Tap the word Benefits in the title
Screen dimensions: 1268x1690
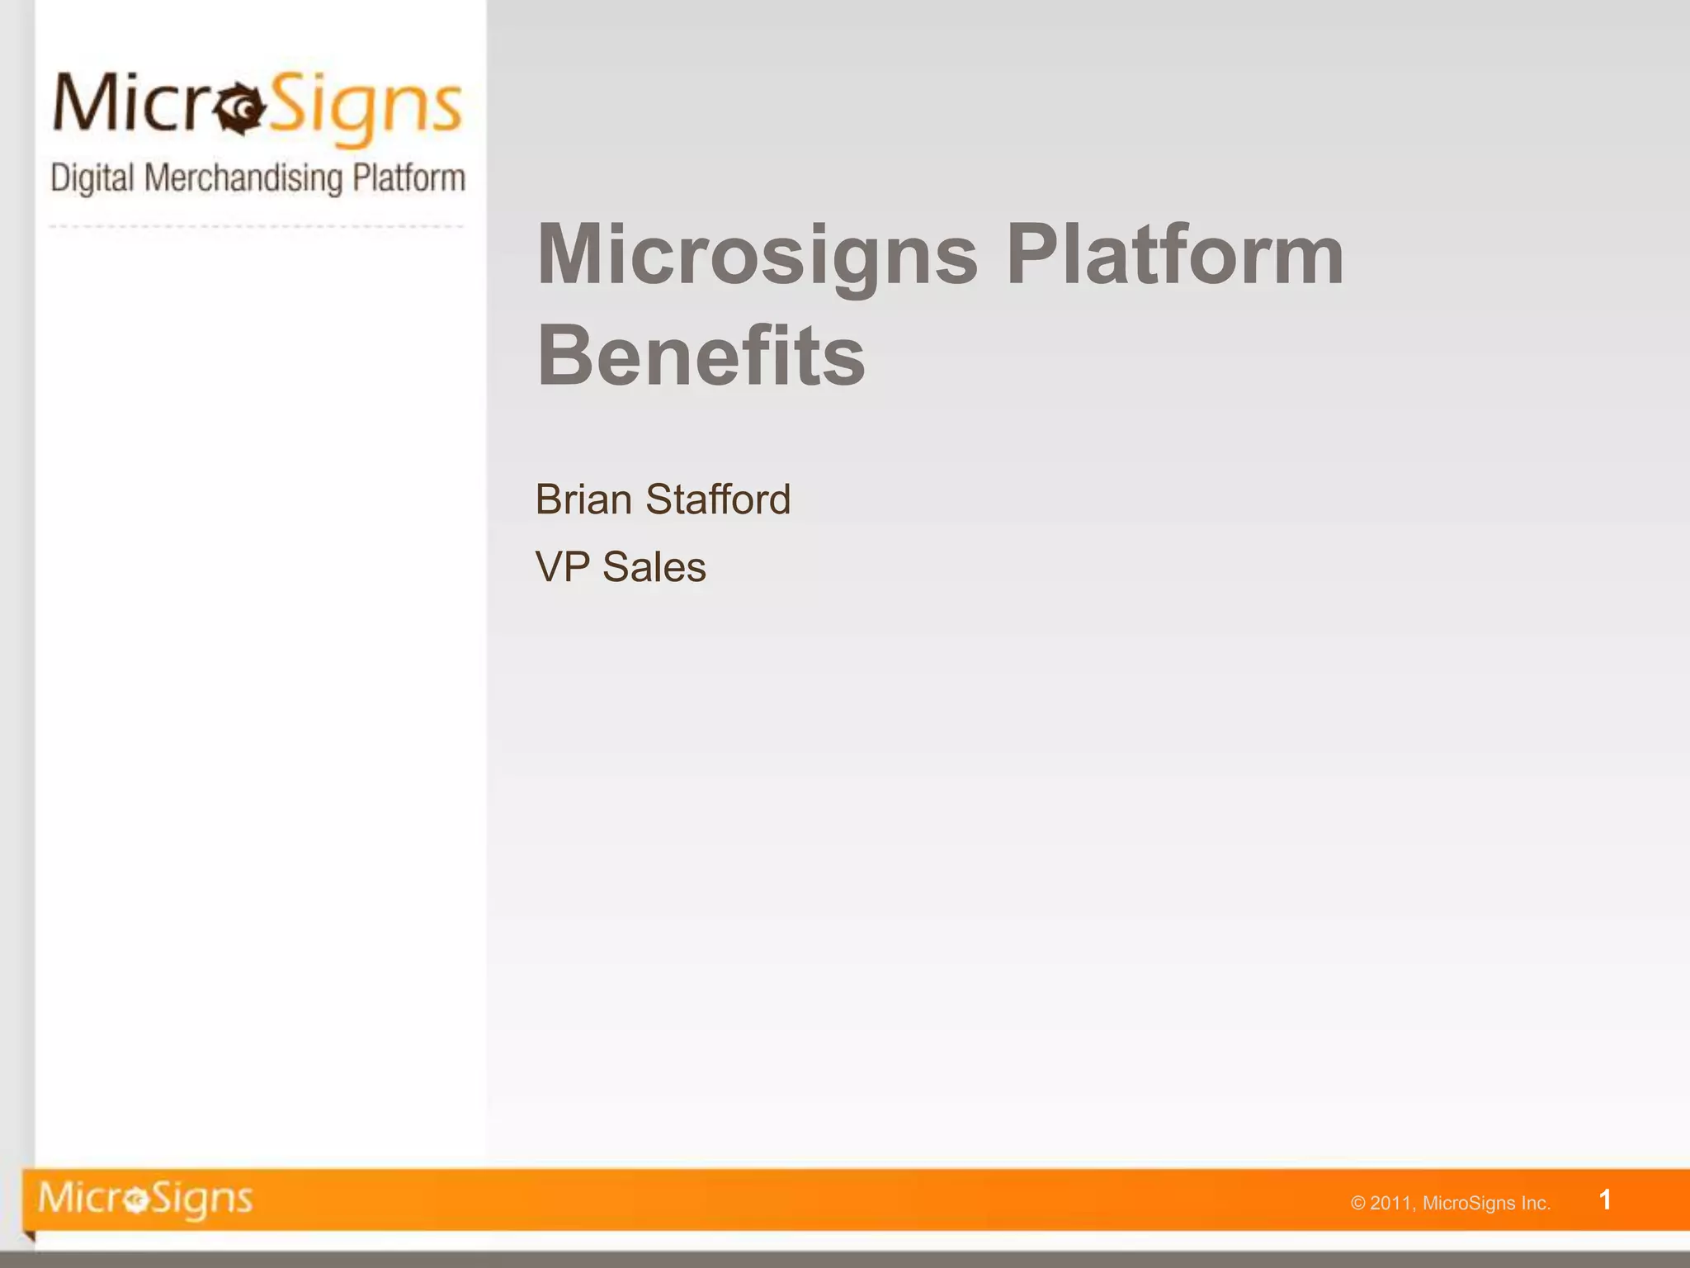coord(701,357)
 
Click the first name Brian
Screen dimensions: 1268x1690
coord(583,499)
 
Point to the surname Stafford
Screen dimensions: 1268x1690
coord(717,499)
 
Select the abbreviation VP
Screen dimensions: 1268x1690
coord(562,567)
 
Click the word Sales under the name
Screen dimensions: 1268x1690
coord(654,567)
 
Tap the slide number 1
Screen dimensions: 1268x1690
coord(1605,1199)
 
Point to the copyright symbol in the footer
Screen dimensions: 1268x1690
coord(1358,1204)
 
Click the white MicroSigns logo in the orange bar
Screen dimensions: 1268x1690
coord(145,1199)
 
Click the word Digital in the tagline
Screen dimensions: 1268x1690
coord(92,178)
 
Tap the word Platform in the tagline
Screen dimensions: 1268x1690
coord(408,178)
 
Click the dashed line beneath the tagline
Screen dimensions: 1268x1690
coord(256,226)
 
